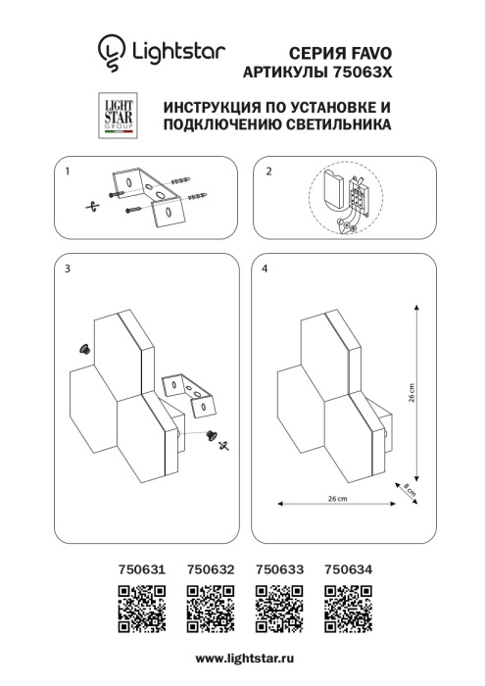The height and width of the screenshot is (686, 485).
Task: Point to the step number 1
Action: [67, 171]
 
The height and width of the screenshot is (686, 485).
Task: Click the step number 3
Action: [67, 269]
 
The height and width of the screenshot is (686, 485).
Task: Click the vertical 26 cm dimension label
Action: [412, 393]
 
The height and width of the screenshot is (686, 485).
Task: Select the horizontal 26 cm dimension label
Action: [336, 499]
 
